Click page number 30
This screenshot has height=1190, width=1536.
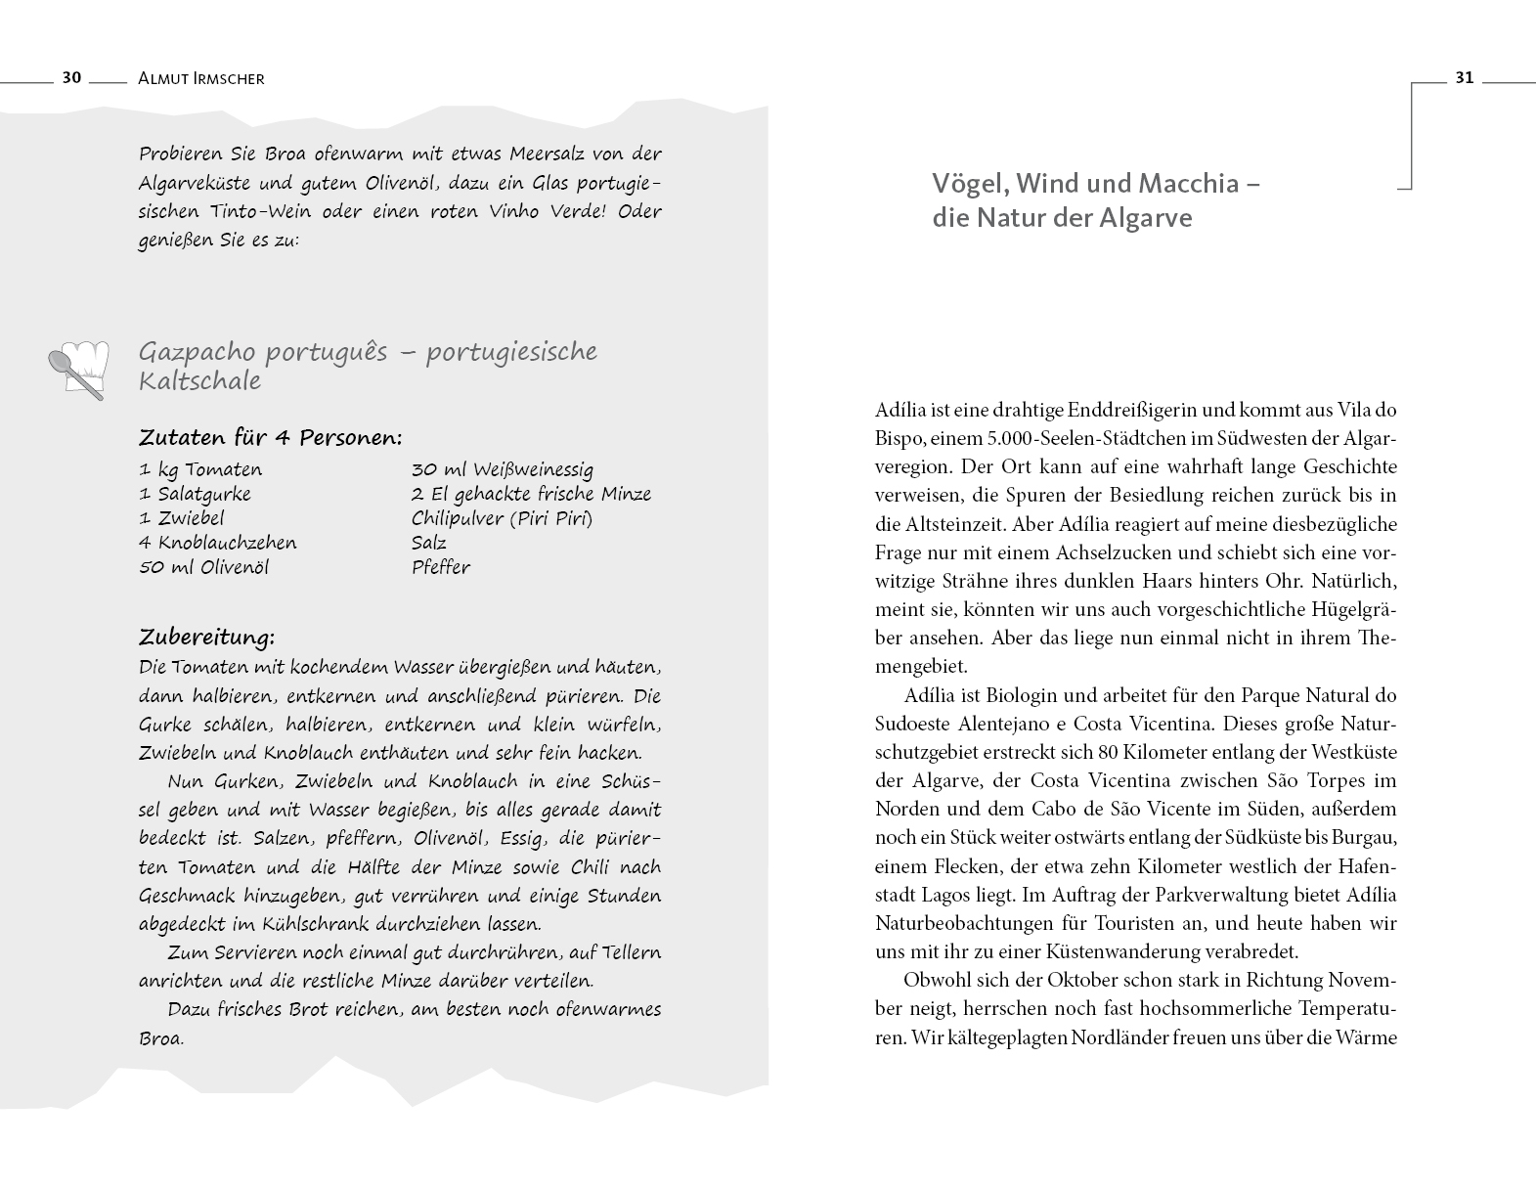tap(71, 78)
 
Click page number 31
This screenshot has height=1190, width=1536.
tap(1464, 78)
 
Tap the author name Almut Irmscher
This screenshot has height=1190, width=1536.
tap(202, 78)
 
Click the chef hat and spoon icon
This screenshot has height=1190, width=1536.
tap(78, 370)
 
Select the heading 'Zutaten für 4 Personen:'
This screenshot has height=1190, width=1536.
tap(271, 437)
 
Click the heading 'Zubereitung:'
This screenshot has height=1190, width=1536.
tap(206, 638)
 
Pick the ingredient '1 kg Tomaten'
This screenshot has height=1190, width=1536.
tap(200, 469)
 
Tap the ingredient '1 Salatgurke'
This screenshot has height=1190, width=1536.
tap(195, 494)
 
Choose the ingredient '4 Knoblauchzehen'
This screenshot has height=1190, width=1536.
tap(217, 543)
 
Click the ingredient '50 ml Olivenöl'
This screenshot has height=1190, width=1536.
tap(203, 567)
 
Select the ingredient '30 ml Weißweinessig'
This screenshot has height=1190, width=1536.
tap(502, 469)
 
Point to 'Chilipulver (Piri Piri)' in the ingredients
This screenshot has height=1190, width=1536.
tap(502, 518)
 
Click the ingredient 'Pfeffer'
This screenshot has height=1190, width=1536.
tap(440, 567)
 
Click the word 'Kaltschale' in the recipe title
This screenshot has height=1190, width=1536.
tap(199, 381)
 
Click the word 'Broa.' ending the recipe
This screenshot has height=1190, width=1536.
tap(161, 1038)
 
